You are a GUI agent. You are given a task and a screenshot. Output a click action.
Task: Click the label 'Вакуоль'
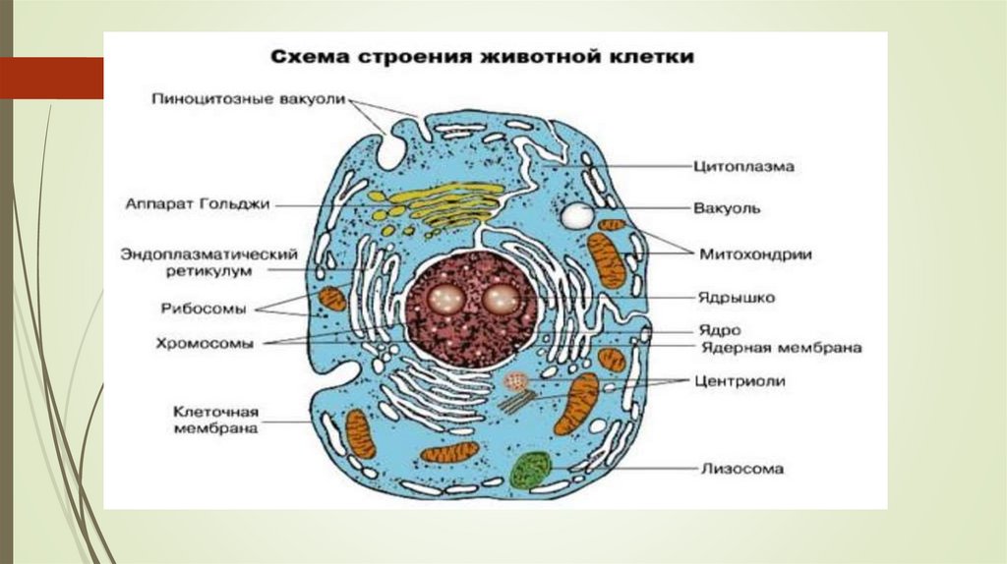coord(726,208)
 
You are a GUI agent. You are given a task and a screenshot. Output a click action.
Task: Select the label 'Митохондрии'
coord(755,254)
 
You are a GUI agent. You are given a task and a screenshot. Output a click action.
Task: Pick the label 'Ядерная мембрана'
coord(781,348)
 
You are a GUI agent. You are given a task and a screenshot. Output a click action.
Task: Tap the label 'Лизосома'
coord(741,469)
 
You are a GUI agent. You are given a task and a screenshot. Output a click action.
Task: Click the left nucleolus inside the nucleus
coord(448,299)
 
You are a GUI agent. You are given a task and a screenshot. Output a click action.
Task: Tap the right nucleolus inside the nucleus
coord(498,299)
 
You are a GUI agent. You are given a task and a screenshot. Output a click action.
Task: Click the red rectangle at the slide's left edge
coord(51,78)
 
